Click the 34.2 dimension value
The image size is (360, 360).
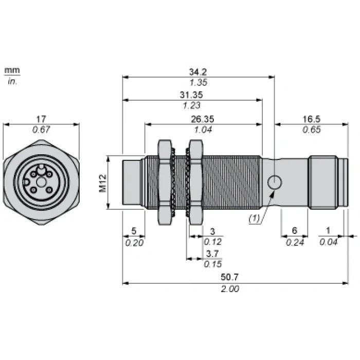tap(198, 72)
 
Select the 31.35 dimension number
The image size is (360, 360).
tap(191, 95)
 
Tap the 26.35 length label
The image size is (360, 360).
tap(203, 119)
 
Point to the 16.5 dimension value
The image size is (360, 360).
tap(311, 119)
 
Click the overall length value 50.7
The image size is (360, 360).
tap(230, 277)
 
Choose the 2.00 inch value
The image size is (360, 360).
tap(230, 289)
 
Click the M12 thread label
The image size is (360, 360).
tap(103, 183)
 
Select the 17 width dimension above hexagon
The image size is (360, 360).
tap(41, 119)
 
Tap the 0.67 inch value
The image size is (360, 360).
tap(41, 130)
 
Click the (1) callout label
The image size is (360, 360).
tap(254, 219)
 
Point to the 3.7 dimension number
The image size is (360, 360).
tap(212, 254)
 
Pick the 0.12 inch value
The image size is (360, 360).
tap(213, 242)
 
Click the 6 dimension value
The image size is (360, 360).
tap(295, 230)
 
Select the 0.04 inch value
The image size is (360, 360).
tap(329, 242)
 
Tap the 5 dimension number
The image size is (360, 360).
tap(134, 231)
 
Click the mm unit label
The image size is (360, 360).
tap(12, 70)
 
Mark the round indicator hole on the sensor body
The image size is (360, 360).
tap(275, 183)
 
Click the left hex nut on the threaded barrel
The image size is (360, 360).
tap(165, 182)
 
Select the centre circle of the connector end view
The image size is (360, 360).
tap(41, 183)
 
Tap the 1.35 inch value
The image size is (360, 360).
tap(199, 82)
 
